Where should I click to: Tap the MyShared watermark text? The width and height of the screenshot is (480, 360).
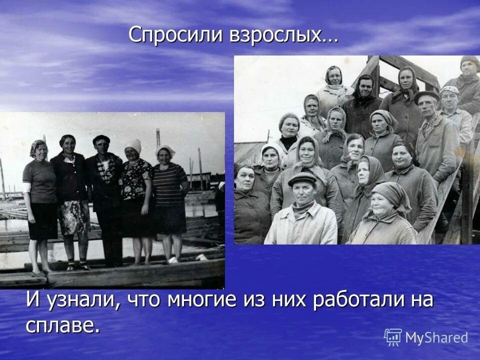point(436,338)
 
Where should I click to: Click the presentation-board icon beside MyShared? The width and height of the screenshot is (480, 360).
point(393,337)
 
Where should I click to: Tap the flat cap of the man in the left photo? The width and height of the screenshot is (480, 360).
point(101,138)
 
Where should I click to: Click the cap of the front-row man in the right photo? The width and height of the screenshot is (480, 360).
point(302,178)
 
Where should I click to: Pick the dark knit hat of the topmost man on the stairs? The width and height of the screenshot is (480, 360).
point(470,61)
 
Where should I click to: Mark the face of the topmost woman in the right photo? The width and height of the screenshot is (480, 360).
point(334,76)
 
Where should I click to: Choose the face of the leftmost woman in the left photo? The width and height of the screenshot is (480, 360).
point(39,150)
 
